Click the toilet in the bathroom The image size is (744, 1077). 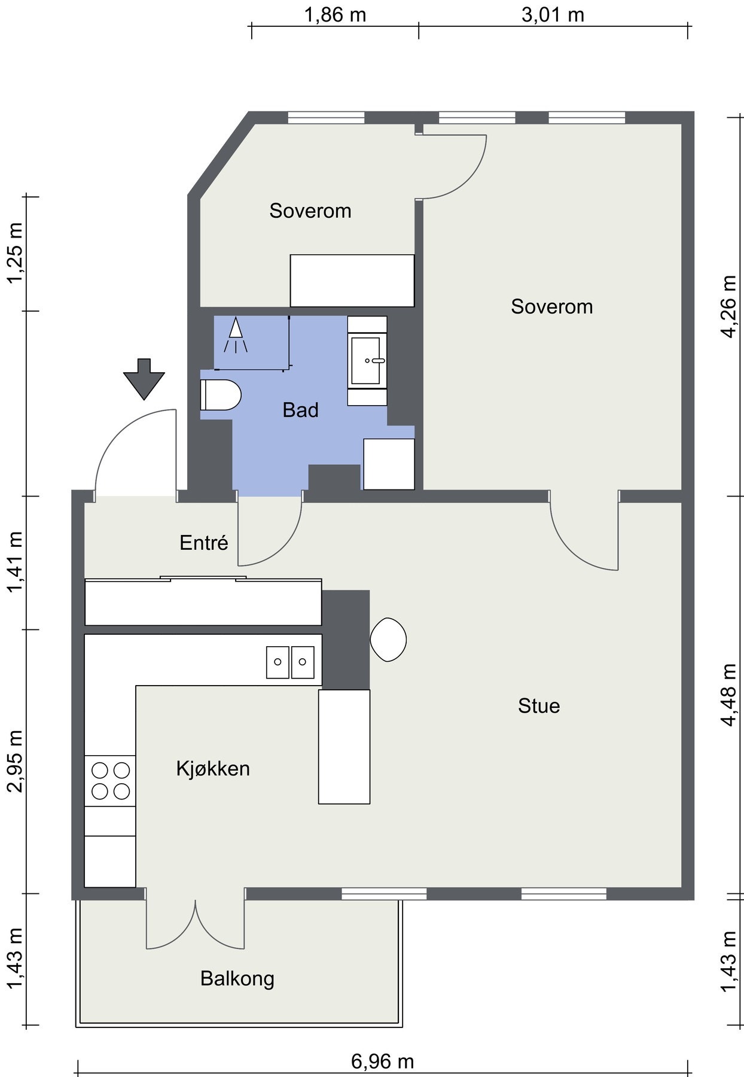tap(220, 395)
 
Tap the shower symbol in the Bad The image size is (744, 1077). tap(236, 336)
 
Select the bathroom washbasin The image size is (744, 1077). tap(367, 361)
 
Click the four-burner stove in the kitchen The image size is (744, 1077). tap(110, 781)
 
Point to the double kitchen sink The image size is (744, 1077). tap(291, 662)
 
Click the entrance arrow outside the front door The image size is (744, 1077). tap(144, 379)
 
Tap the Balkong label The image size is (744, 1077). tap(237, 979)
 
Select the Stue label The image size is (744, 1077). tap(539, 706)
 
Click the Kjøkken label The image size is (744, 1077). tap(213, 768)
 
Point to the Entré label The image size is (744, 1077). tap(204, 543)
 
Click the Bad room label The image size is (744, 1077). tap(300, 410)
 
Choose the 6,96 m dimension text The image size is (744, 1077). tap(382, 1061)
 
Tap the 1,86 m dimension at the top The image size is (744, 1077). tap(335, 14)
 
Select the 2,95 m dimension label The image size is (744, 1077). tap(16, 760)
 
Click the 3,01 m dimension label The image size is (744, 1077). tap(553, 14)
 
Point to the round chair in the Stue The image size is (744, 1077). tap(389, 639)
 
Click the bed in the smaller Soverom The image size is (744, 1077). tap(352, 281)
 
